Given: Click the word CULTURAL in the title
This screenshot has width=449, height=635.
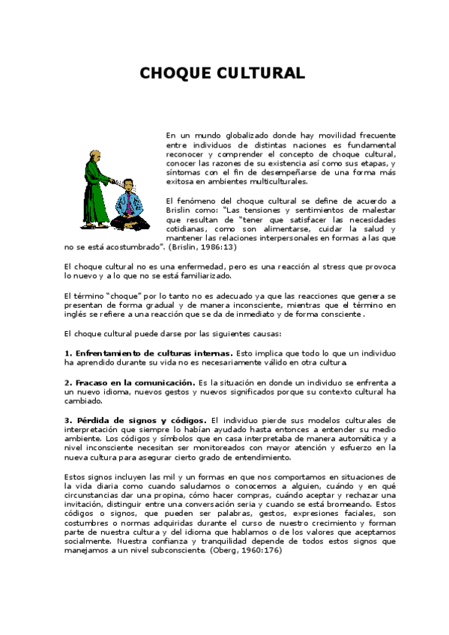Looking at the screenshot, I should coord(263,73).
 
